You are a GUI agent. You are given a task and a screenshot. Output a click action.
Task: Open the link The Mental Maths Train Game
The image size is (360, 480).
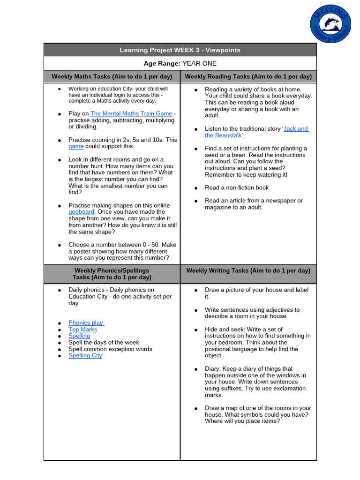pos(131,113)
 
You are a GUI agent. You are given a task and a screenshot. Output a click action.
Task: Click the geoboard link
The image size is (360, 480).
pos(81,212)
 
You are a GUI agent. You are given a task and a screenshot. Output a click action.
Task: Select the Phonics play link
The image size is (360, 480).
pos(86,323)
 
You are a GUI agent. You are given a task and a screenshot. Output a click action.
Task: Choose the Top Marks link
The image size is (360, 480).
pos(82,330)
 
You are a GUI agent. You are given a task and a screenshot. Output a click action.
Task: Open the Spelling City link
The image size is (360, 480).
pos(85,356)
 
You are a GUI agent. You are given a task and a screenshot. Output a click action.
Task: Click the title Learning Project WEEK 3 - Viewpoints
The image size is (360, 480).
pos(180,50)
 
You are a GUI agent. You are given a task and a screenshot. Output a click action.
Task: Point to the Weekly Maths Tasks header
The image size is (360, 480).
pos(112,76)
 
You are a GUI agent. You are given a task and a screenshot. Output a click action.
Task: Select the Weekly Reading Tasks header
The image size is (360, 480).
pos(248,76)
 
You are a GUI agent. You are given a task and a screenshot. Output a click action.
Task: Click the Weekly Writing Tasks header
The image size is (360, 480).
pos(248,270)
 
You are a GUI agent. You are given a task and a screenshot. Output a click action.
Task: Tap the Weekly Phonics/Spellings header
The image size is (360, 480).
pos(112,274)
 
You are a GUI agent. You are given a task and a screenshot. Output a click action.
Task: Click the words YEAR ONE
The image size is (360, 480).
pos(200,64)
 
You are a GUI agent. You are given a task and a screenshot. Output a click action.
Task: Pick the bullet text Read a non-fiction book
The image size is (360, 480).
pos(237,187)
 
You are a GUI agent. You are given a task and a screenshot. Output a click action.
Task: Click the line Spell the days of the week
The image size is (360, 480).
pos(104,343)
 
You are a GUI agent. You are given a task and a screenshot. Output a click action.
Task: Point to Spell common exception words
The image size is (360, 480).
pos(110,349)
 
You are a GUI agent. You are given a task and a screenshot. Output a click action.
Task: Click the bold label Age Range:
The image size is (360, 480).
pos(162,64)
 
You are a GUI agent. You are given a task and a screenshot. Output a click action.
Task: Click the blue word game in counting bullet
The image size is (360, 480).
pos(75,146)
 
